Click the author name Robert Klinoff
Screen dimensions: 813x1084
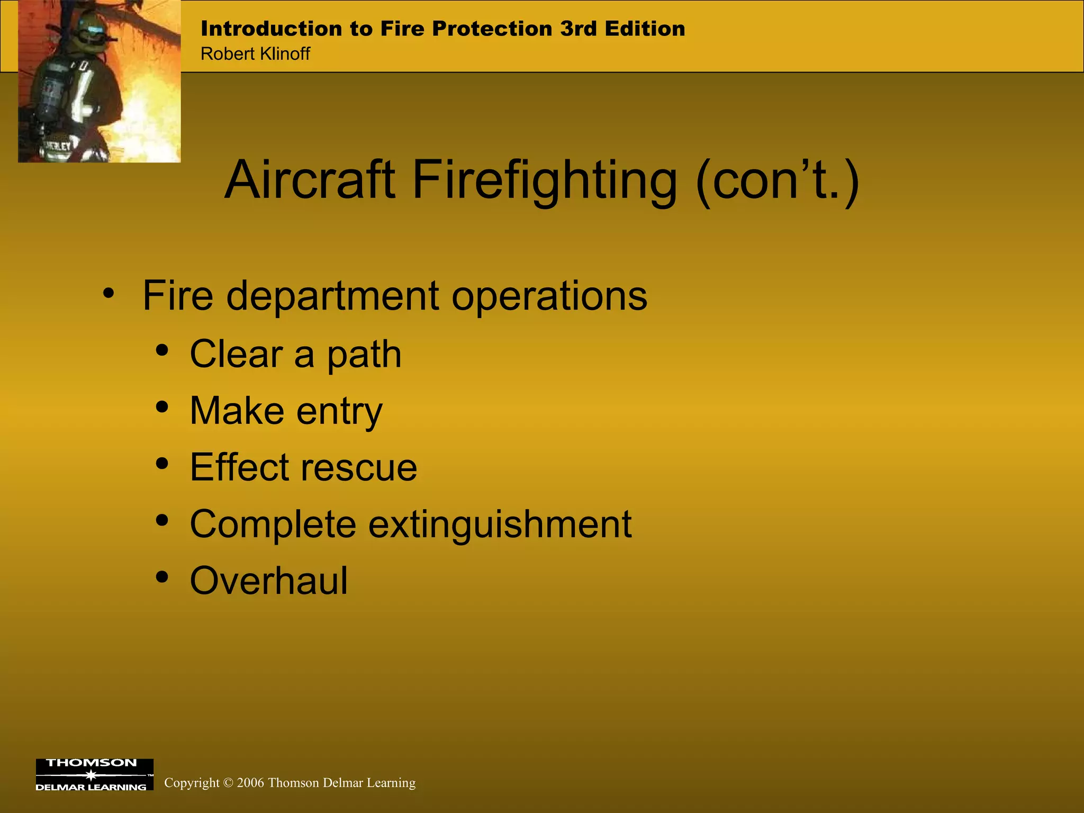pyautogui.click(x=255, y=54)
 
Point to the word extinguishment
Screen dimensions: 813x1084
pyautogui.click(x=500, y=524)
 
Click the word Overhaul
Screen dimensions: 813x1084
pyautogui.click(x=269, y=581)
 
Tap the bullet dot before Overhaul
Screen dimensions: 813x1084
pyautogui.click(x=162, y=576)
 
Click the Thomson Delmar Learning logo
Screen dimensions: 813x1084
pyautogui.click(x=94, y=774)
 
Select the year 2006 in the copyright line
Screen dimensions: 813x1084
pyautogui.click(x=250, y=783)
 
